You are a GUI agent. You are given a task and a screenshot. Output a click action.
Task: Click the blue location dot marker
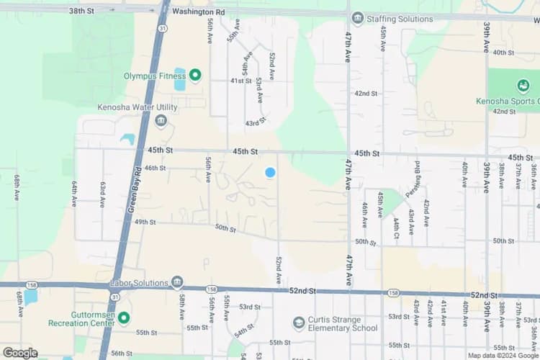270,172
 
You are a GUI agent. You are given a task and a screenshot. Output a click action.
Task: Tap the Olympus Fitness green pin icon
194,75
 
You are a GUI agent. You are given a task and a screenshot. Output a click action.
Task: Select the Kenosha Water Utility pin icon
161,120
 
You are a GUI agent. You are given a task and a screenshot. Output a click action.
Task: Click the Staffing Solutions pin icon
358,18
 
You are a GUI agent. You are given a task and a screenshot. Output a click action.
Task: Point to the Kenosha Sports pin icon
523,86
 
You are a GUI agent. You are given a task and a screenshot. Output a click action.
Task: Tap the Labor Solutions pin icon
177,282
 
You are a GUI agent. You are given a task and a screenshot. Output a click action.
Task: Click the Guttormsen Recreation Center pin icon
124,318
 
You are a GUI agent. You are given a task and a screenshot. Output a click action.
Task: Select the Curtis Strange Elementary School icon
299,323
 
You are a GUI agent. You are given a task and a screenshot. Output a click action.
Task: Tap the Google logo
20,353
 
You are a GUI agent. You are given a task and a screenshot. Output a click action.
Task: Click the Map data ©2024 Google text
502,355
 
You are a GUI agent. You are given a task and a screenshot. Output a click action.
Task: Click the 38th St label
81,11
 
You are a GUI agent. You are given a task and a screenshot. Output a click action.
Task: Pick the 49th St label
145,222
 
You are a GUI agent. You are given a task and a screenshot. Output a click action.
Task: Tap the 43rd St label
256,123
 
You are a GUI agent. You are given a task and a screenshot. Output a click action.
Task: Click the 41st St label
240,81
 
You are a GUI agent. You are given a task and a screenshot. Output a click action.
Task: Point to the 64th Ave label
74,193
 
